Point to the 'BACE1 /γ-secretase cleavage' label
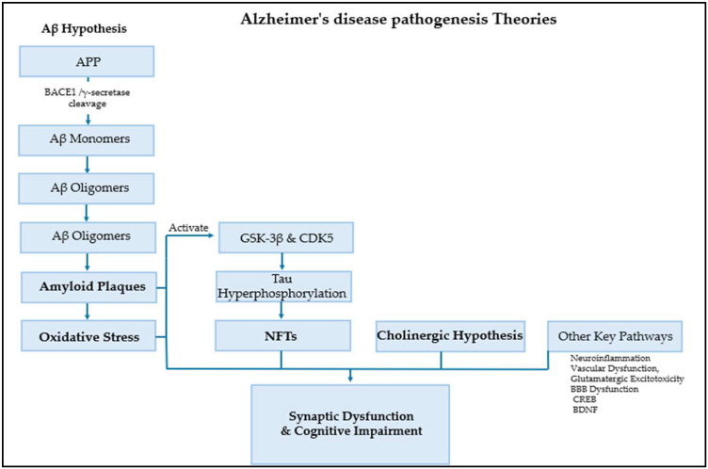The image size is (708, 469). [x=86, y=100]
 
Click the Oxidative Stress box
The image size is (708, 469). [x=86, y=335]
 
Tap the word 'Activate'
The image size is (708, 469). [x=187, y=227]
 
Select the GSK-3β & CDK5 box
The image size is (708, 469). [x=285, y=238]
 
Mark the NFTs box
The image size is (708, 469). [x=285, y=335]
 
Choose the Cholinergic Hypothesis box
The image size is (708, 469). [x=441, y=335]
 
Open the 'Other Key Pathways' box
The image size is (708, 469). [x=615, y=335]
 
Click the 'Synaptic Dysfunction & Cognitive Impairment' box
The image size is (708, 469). [x=351, y=423]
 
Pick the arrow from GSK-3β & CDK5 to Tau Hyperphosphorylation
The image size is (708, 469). [x=285, y=262]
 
